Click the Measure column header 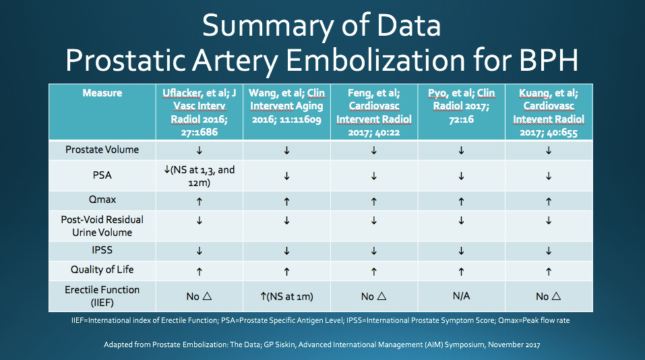point(102,93)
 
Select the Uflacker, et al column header point(199,113)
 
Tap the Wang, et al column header point(286,106)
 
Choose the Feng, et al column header point(374,113)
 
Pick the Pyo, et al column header point(461,106)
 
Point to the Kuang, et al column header point(549,113)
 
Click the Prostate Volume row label point(102,150)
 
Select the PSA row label point(102,175)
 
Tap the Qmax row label point(102,200)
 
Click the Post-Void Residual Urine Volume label point(102,226)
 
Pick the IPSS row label point(102,250)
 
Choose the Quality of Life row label point(102,270)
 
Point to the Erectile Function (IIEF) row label point(102,296)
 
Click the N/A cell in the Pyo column point(461,296)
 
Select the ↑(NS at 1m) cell point(286,296)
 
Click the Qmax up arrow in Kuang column point(549,202)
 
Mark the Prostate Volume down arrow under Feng point(374,150)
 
